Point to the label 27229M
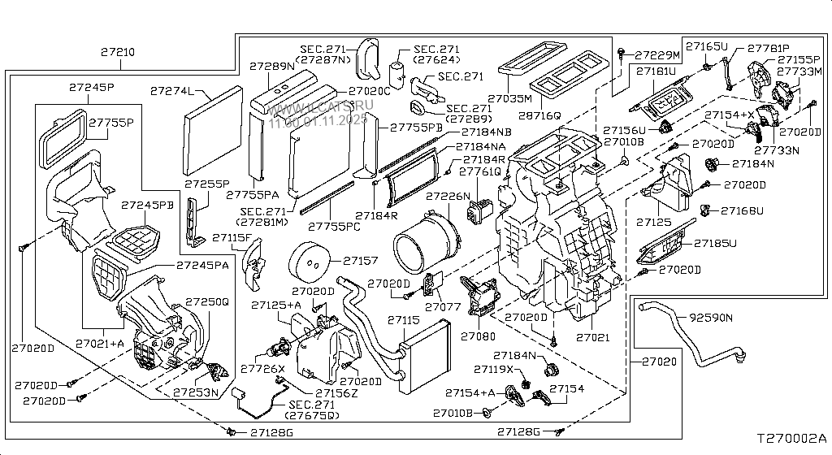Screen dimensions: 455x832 pos(656,55)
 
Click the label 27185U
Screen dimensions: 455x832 pos(715,242)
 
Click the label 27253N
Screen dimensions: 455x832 pos(196,393)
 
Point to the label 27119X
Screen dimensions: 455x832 pos(515,369)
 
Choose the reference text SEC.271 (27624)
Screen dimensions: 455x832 pos(438,54)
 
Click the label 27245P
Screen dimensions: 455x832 pos(91,87)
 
